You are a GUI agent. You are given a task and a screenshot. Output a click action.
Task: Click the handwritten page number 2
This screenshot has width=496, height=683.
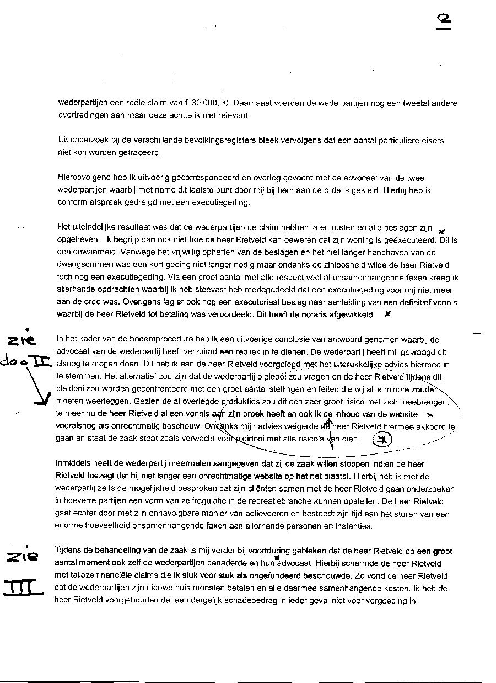443,20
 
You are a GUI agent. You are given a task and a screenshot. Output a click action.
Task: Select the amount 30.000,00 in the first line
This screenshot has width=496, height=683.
209,103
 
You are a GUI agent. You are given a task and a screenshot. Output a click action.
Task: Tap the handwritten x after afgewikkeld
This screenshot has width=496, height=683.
387,314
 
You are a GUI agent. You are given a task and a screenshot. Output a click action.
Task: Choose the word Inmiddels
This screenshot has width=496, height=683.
75,464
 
